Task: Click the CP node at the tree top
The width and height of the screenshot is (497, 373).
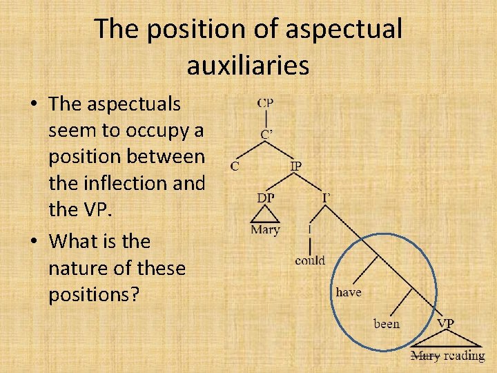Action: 265,103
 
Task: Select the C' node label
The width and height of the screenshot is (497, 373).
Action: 266,134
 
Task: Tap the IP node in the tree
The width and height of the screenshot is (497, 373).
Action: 295,166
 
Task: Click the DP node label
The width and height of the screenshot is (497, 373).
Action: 265,198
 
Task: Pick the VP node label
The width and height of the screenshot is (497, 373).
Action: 445,323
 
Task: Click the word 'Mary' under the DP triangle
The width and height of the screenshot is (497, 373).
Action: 265,230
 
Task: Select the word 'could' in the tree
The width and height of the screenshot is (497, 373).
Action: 310,260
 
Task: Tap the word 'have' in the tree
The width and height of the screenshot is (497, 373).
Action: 349,292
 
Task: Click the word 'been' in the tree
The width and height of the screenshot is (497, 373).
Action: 387,323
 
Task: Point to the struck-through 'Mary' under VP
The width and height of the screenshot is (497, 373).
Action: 425,356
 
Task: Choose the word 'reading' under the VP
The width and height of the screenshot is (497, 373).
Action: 464,356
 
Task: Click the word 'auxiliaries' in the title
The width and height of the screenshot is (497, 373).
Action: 248,66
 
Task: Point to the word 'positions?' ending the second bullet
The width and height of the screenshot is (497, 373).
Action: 94,294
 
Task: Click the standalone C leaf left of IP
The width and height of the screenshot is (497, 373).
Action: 235,166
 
